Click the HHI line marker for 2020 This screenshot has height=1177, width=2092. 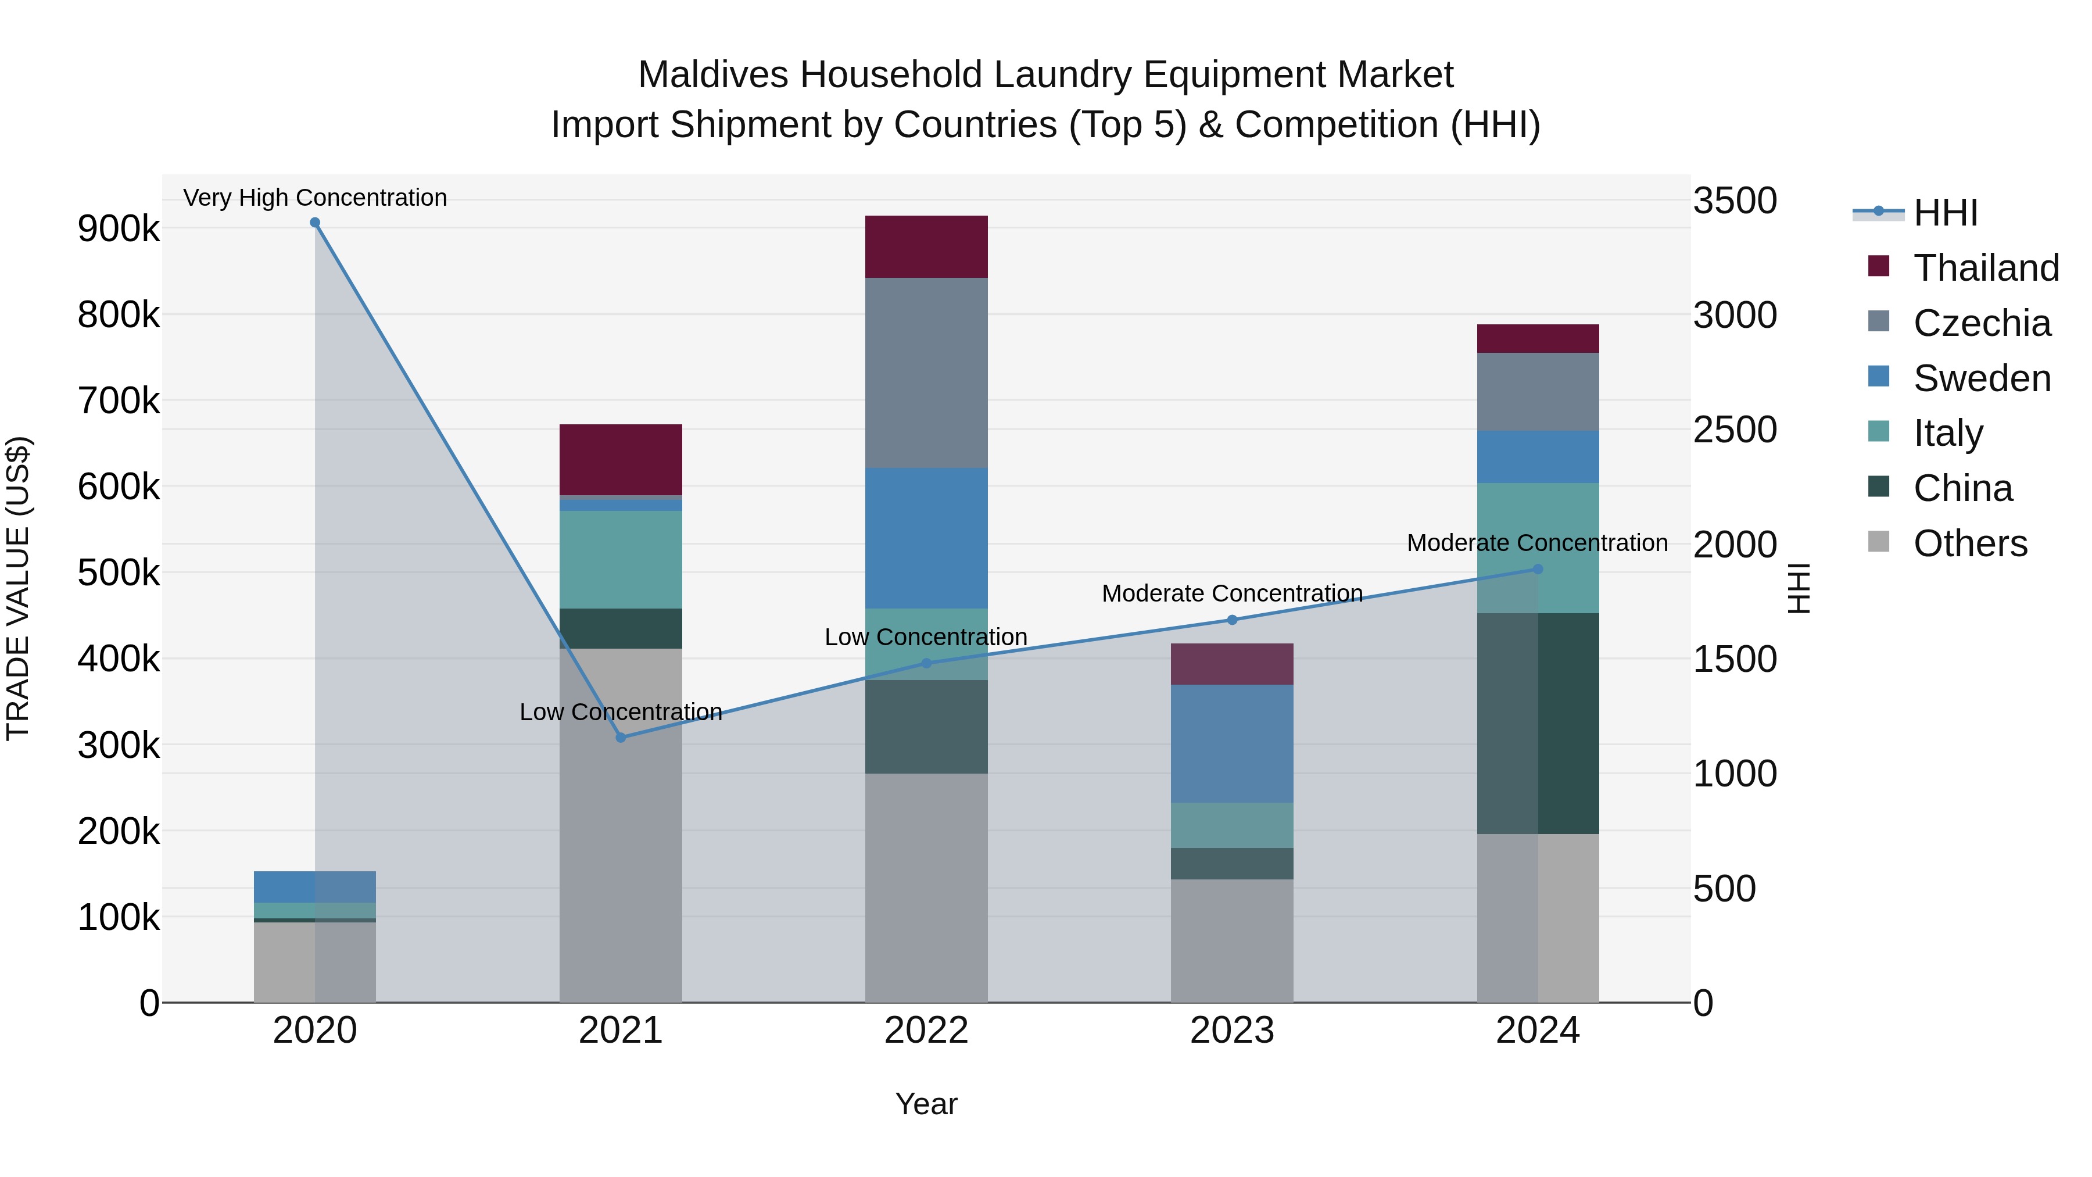pyautogui.click(x=315, y=223)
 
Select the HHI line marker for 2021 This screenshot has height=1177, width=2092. pyautogui.click(x=621, y=738)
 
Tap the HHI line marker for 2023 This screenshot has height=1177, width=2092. pyautogui.click(x=1232, y=620)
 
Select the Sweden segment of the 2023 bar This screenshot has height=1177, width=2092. pyautogui.click(x=1232, y=743)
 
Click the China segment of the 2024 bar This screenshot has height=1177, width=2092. pyautogui.click(x=1537, y=723)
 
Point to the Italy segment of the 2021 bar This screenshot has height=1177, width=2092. pyautogui.click(x=621, y=560)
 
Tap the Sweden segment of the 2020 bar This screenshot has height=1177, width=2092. pyautogui.click(x=315, y=886)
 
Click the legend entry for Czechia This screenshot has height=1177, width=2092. pyautogui.click(x=1982, y=323)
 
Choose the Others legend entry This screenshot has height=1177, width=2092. pyautogui.click(x=1969, y=543)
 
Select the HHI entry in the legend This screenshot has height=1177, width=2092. pyautogui.click(x=1945, y=213)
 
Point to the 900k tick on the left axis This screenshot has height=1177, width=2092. pyautogui.click(x=119, y=229)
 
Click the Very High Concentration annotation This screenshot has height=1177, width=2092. pyautogui.click(x=315, y=198)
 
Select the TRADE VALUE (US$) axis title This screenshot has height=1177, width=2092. pyautogui.click(x=18, y=588)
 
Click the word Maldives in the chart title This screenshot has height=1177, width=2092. pyautogui.click(x=713, y=75)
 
